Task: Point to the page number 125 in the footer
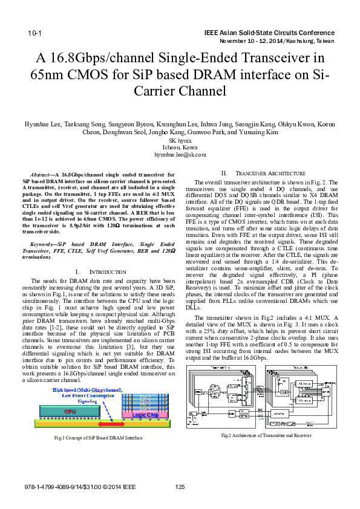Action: pos(180,487)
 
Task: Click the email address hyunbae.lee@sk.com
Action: pos(180,155)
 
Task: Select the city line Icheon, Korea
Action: pos(180,148)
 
